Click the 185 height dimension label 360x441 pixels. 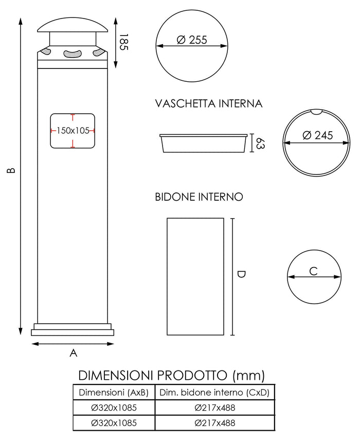123,42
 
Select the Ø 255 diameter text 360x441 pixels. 192,40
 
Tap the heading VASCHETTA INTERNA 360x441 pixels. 209,104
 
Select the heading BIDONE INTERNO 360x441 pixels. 199,197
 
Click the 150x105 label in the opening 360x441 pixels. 73,131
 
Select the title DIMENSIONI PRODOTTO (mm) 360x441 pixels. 171,374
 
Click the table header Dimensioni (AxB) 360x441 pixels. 113,393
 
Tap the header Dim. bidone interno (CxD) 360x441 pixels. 214,393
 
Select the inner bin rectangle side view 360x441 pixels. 195,276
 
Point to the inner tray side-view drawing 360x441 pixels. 203,144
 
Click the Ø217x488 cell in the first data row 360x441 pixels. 214,408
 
